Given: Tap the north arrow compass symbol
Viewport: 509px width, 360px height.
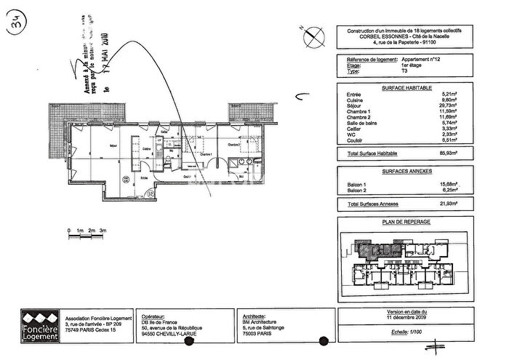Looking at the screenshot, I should (311, 33).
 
